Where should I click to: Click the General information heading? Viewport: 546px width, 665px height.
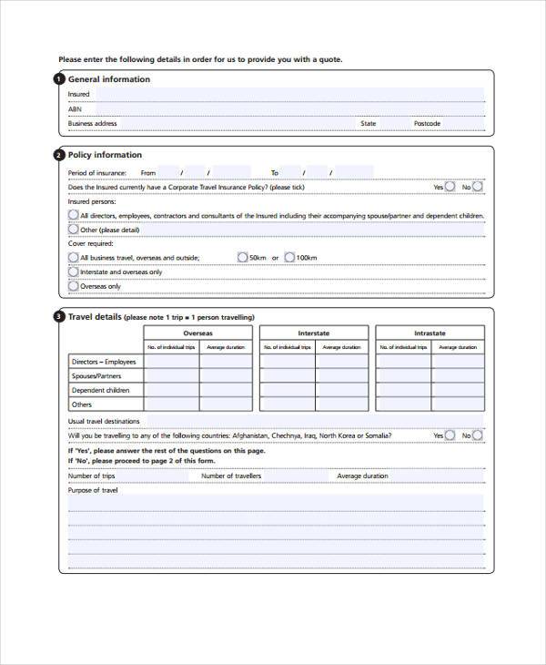point(109,79)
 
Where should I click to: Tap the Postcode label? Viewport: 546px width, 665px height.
point(427,124)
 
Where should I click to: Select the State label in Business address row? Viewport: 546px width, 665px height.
point(368,124)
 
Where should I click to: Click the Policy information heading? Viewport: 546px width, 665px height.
point(105,155)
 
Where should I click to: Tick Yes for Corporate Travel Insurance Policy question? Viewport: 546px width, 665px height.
point(450,187)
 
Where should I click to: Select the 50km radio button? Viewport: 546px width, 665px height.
point(242,258)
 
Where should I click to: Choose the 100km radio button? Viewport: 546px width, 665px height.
point(289,258)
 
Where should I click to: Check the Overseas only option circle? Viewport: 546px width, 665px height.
point(74,286)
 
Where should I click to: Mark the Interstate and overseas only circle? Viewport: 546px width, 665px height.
point(74,272)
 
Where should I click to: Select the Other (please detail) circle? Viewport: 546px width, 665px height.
point(74,230)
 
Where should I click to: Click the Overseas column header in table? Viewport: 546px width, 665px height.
point(197,333)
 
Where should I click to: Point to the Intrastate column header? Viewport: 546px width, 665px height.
point(430,333)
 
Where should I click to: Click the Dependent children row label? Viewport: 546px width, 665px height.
point(100,390)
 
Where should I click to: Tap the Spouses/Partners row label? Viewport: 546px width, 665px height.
point(96,376)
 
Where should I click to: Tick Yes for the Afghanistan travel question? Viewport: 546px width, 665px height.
point(450,435)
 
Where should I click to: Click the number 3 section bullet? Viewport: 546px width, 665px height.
point(60,317)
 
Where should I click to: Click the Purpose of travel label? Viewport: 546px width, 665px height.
point(93,490)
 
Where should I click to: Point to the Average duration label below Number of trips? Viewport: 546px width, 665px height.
point(362,476)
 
